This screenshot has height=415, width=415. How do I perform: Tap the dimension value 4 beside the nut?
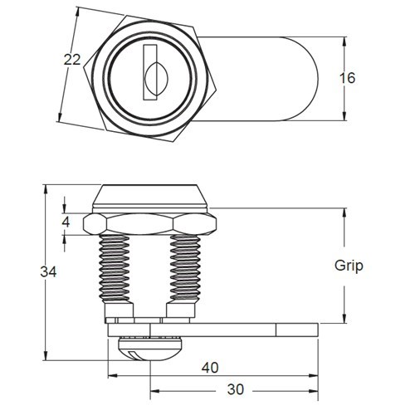[66, 222]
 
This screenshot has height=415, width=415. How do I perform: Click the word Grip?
[349, 266]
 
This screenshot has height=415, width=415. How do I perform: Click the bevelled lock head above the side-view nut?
[150, 198]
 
